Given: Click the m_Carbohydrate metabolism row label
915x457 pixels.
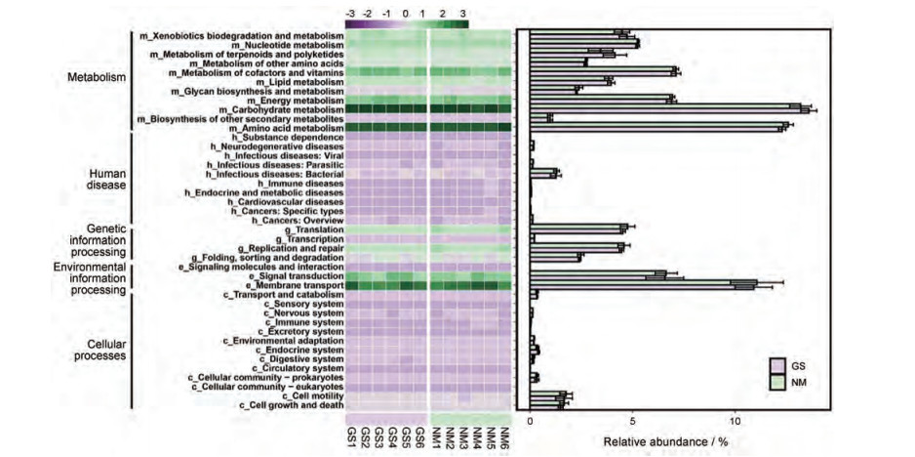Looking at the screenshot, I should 285,109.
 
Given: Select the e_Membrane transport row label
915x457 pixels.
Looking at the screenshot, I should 293,285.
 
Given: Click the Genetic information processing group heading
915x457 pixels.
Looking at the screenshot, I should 94,238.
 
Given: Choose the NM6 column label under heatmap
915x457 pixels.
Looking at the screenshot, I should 504,436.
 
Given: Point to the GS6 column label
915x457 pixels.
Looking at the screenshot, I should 419,436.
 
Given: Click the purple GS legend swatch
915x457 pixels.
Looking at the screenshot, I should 778,366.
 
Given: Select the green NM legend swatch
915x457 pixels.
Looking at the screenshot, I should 778,383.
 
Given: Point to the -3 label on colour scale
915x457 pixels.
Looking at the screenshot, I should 349,13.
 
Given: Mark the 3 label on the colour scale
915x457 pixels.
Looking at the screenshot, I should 461,13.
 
